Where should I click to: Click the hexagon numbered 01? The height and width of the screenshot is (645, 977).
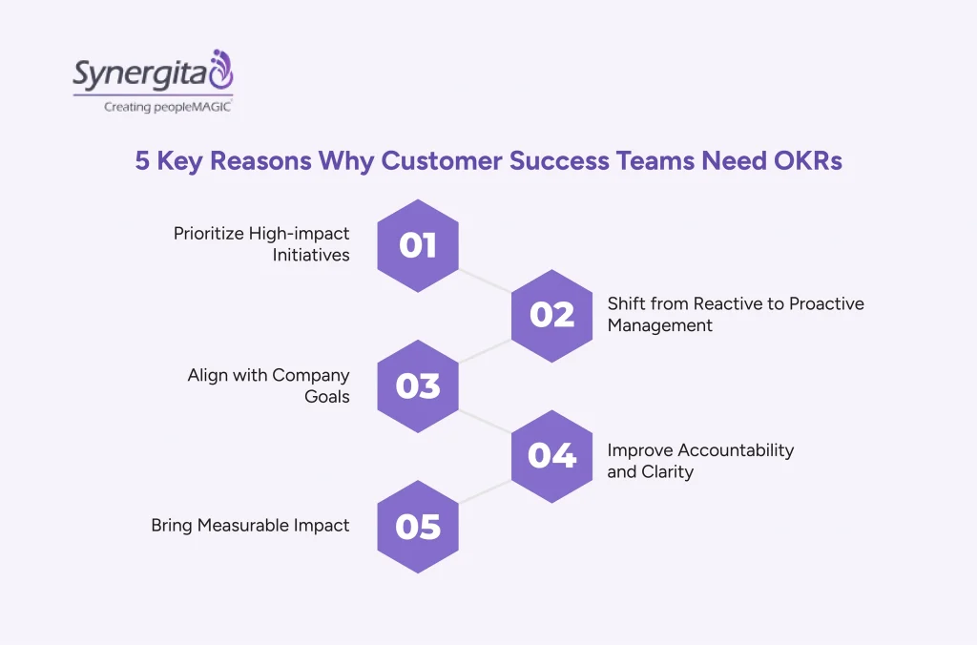pyautogui.click(x=418, y=245)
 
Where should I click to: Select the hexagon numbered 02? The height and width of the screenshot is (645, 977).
pyautogui.click(x=551, y=315)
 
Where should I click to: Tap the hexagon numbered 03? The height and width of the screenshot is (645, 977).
pyautogui.click(x=418, y=385)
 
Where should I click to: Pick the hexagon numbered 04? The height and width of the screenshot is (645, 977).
pyautogui.click(x=551, y=456)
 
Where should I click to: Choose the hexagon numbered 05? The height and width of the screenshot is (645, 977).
pyautogui.click(x=418, y=527)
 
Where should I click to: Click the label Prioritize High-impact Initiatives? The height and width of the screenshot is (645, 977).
pyautogui.click(x=261, y=244)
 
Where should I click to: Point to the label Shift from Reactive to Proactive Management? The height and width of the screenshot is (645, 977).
pyautogui.click(x=735, y=314)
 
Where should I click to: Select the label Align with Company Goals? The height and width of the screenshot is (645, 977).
pyautogui.click(x=269, y=385)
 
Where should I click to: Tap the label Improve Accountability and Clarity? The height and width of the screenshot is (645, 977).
pyautogui.click(x=699, y=460)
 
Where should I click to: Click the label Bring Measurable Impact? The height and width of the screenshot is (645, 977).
pyautogui.click(x=250, y=525)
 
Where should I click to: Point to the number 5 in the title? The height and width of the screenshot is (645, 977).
pyautogui.click(x=142, y=160)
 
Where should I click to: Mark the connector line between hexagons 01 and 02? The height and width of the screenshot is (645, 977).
pyautogui.click(x=485, y=281)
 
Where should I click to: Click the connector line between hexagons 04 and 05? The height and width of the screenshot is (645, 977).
pyautogui.click(x=485, y=491)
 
